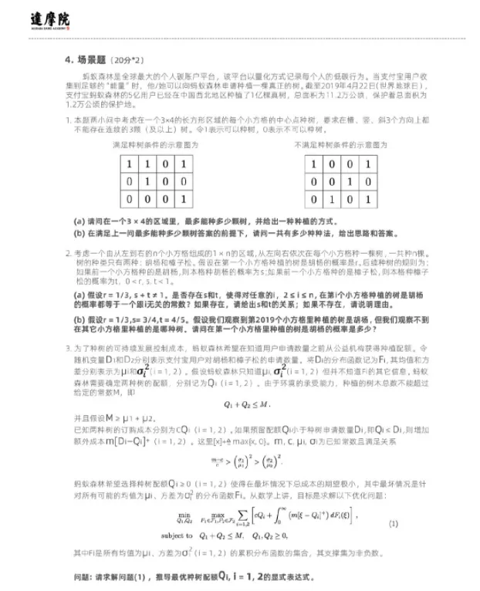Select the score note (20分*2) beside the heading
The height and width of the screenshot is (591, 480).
click(127, 60)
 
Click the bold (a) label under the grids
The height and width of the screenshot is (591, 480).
click(79, 218)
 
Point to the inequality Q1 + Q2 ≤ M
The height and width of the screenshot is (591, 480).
click(239, 403)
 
